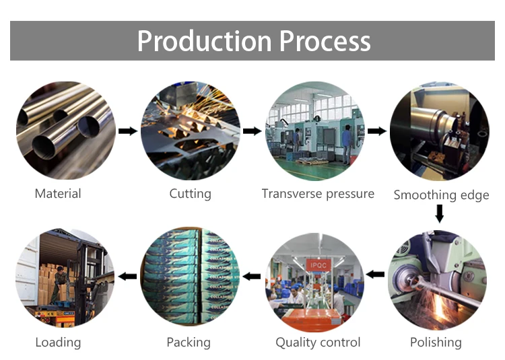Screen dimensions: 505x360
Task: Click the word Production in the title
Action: click(x=205, y=41)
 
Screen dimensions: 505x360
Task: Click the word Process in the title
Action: click(x=325, y=41)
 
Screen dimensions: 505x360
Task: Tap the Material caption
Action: click(x=58, y=194)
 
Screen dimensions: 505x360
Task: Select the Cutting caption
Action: click(x=191, y=194)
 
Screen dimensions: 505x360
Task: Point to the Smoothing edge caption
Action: click(x=441, y=195)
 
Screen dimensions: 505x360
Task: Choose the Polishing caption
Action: click(x=436, y=343)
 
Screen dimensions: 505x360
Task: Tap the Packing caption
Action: click(x=189, y=343)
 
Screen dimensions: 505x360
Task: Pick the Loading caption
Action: click(x=59, y=343)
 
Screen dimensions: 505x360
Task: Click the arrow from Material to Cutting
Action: click(x=128, y=131)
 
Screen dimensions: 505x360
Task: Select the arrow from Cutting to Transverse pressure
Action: click(x=252, y=131)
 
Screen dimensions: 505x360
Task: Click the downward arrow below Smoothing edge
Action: click(x=439, y=213)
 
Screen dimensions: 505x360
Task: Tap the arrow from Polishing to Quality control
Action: click(x=375, y=275)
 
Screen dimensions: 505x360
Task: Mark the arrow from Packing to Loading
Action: click(x=127, y=276)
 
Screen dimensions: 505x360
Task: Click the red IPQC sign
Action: click(x=318, y=265)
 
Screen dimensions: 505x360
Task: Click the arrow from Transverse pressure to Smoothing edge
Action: click(x=377, y=131)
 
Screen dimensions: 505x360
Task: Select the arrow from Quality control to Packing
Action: click(x=252, y=276)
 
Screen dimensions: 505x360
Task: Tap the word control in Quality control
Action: click(x=343, y=343)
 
